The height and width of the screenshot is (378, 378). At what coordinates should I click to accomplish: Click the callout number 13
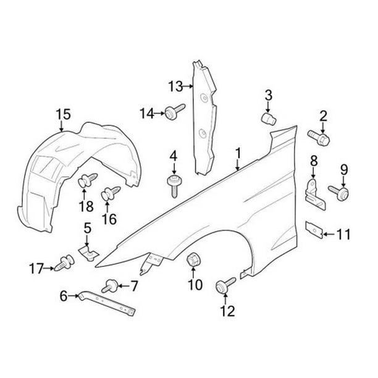click(x=175, y=86)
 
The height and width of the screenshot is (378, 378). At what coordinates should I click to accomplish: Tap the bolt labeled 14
click(x=175, y=111)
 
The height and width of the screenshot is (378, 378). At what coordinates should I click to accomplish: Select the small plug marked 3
click(x=269, y=119)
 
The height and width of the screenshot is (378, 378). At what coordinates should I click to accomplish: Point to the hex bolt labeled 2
click(x=319, y=138)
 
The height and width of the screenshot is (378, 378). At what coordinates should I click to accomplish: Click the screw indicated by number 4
click(x=174, y=187)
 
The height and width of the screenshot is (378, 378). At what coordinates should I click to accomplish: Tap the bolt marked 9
click(x=339, y=193)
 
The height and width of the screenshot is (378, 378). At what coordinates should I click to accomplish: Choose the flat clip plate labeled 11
click(x=314, y=230)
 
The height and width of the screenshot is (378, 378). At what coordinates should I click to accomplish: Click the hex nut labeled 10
click(x=192, y=260)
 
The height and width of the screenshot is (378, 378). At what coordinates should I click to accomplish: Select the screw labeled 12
click(x=225, y=286)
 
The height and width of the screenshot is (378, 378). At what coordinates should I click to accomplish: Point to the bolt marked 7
click(x=110, y=286)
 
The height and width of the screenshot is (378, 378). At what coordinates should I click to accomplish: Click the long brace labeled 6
click(x=106, y=303)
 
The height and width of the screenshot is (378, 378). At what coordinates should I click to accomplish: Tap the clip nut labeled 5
click(x=89, y=253)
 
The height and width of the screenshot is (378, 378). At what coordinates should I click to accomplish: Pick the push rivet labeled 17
click(x=64, y=263)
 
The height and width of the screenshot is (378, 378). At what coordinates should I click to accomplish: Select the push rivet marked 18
click(x=87, y=180)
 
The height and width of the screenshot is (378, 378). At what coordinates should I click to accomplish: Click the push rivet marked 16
click(x=111, y=193)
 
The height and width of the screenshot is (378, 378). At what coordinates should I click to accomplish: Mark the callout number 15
click(x=64, y=114)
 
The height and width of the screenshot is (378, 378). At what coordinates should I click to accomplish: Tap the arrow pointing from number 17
click(x=49, y=268)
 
